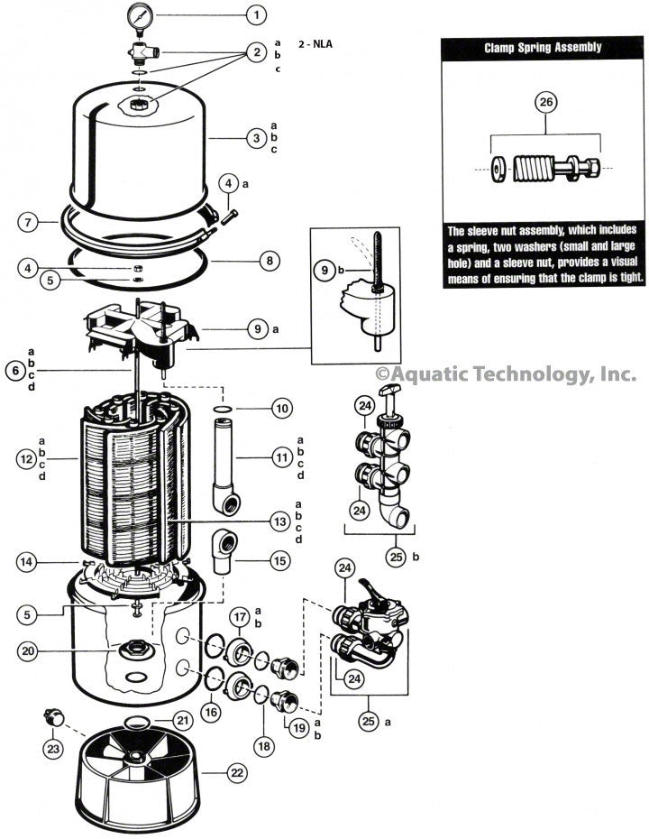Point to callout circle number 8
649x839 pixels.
[268, 262]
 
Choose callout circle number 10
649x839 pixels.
[282, 409]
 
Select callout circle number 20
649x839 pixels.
[29, 650]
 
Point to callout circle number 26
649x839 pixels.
[545, 102]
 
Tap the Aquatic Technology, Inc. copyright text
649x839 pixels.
[506, 373]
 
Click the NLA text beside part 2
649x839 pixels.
[319, 42]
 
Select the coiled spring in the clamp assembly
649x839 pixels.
[537, 169]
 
